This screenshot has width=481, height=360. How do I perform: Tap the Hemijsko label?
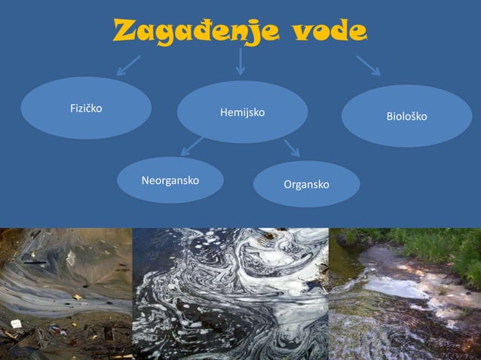(x=242, y=112)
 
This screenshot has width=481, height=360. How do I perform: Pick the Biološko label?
(x=406, y=117)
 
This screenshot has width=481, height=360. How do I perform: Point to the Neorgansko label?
(x=170, y=181)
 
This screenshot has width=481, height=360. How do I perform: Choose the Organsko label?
(x=306, y=184)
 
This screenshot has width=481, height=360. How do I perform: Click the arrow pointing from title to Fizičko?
(x=127, y=66)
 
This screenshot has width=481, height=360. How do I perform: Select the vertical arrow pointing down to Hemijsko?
(x=240, y=62)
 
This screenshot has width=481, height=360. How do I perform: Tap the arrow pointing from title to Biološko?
(x=369, y=65)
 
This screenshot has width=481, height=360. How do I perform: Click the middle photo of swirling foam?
(x=230, y=294)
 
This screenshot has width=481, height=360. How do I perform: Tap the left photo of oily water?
(x=66, y=294)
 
